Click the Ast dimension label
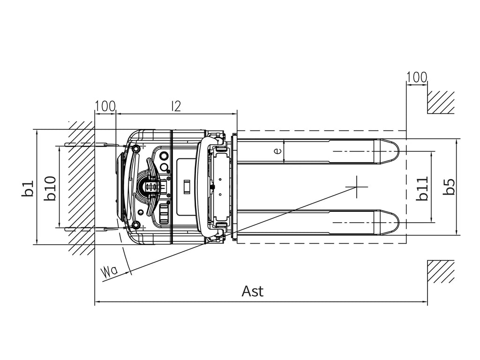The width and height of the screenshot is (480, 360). (252, 291)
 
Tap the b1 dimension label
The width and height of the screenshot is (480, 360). (28, 188)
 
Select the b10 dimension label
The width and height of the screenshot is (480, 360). (50, 188)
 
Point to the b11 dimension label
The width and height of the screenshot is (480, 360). (422, 188)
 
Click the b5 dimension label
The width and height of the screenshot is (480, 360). (449, 187)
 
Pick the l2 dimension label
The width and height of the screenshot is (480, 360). (176, 106)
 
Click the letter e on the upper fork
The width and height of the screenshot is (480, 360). (277, 150)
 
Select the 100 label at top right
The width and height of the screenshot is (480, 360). (416, 77)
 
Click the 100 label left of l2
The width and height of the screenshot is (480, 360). (105, 106)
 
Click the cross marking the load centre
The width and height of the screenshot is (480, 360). (357, 187)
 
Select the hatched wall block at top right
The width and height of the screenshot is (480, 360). (441, 102)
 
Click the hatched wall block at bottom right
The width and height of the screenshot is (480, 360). (441, 271)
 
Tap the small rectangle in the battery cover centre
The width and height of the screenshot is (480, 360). (186, 187)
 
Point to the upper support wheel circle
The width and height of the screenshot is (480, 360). (135, 149)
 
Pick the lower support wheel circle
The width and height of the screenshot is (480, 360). (135, 225)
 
